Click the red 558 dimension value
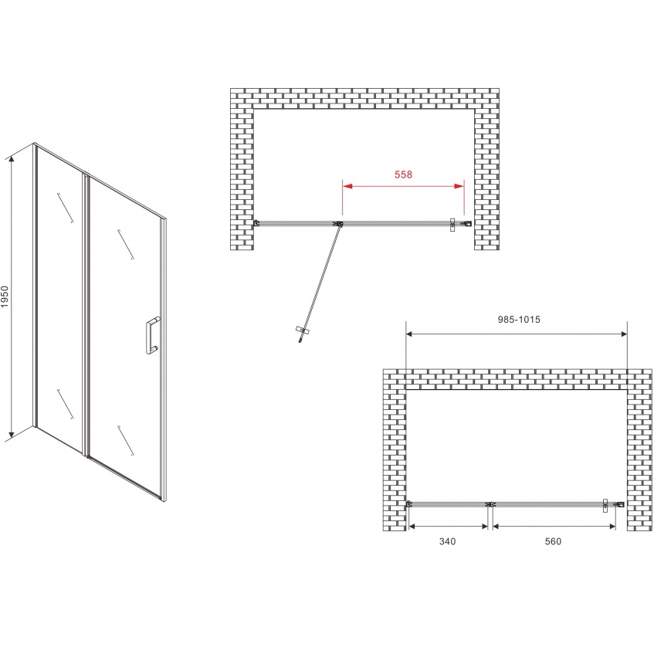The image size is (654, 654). click(x=403, y=175)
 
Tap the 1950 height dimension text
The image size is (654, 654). click(x=5, y=297)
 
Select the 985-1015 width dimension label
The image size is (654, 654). click(x=519, y=319)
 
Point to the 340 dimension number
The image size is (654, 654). click(x=448, y=541)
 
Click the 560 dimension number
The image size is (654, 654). click(x=553, y=541)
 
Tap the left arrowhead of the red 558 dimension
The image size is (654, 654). click(x=347, y=186)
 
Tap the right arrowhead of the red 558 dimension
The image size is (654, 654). click(x=459, y=186)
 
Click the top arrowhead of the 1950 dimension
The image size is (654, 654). click(x=12, y=158)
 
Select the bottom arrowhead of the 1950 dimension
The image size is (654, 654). click(x=12, y=437)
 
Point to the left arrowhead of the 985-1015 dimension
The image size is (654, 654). click(x=409, y=334)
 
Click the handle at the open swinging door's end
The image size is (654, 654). click(x=303, y=330)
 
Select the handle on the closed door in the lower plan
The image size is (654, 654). click(x=605, y=505)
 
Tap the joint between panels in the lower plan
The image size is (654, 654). click(x=490, y=504)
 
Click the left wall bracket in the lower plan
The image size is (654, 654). click(x=409, y=504)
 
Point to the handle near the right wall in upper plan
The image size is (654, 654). click(x=452, y=225)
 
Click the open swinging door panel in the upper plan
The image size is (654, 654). click(x=320, y=283)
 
